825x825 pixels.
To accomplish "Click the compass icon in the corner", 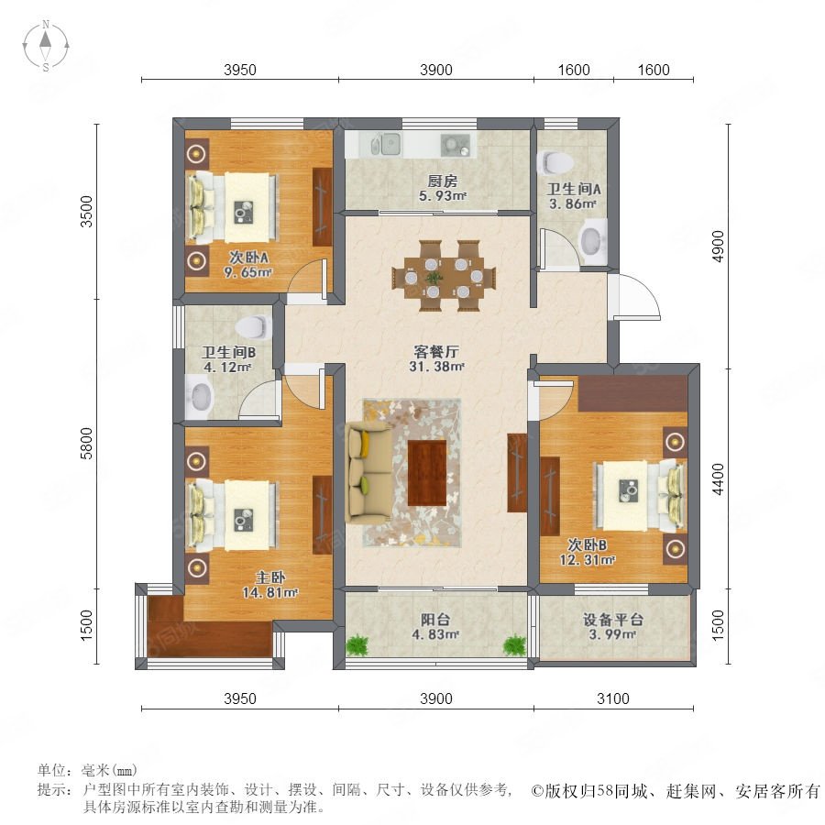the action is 46,46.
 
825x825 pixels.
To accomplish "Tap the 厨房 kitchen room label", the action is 442,181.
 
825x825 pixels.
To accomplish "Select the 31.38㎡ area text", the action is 436,367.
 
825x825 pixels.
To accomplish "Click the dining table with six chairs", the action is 444,276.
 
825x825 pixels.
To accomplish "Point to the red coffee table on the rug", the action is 426,472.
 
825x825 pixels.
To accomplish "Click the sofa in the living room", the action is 368,473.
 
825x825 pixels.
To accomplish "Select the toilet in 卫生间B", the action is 252,326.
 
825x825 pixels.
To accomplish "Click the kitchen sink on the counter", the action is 389,144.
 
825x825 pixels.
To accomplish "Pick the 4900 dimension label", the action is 718,247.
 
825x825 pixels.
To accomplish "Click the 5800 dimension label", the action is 86,444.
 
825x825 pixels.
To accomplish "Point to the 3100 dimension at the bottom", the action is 613,698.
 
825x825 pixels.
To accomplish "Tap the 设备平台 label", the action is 612,620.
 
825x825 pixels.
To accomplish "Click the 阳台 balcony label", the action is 435,620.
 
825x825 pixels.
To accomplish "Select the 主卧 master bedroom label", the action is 269,577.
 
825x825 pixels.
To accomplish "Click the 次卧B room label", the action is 588,544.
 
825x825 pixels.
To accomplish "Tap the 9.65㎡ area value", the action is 247,272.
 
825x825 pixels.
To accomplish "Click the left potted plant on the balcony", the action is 357,645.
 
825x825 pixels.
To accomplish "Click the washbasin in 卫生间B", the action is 200,398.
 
